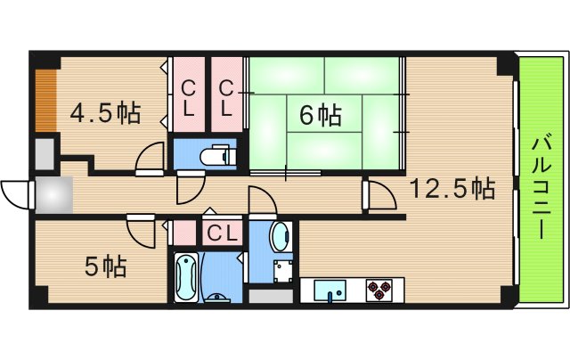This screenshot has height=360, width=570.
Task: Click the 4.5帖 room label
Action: (x=105, y=113)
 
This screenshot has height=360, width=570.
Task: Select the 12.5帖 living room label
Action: (x=452, y=188)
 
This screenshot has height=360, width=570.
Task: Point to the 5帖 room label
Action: (x=105, y=266)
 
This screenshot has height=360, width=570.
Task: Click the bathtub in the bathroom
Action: (x=186, y=277)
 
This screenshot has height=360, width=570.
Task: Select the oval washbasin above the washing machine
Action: (x=278, y=239)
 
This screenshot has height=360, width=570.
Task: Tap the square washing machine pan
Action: (x=283, y=270)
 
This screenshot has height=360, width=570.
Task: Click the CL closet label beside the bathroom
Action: (x=222, y=233)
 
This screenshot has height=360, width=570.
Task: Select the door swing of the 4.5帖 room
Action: (x=149, y=158)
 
